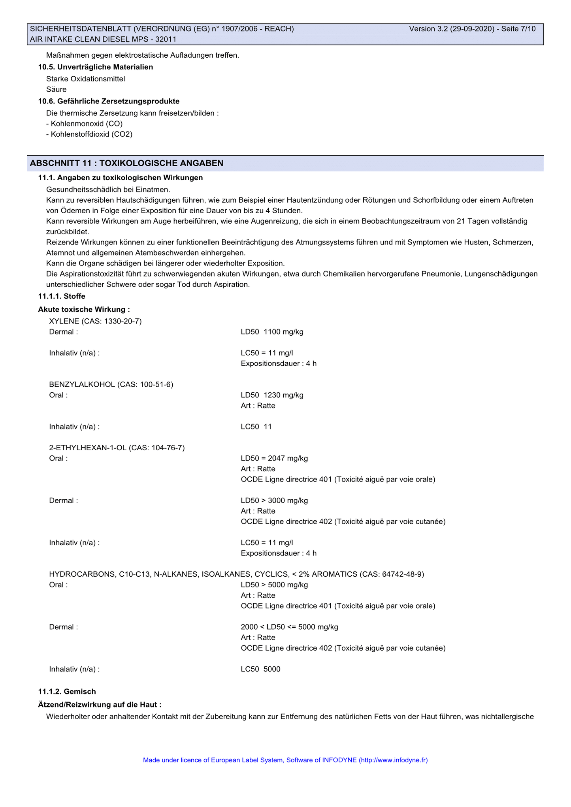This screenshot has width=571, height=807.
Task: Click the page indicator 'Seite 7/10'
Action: (518, 29)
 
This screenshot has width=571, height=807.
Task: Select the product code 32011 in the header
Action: (166, 39)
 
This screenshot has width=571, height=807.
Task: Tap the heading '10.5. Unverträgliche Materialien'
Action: (95, 67)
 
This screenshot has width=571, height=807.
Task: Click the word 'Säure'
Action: (56, 89)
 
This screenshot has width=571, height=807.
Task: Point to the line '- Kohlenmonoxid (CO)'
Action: (84, 124)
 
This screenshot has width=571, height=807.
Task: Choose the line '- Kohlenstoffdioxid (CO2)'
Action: (89, 134)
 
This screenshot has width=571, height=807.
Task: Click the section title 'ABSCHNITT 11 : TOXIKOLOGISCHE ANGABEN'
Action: (126, 163)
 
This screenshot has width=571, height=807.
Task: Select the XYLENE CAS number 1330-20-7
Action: (122, 321)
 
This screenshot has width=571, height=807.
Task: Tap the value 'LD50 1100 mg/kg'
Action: (272, 332)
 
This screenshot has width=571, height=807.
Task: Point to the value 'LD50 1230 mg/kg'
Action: (272, 395)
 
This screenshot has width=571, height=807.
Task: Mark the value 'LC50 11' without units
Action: (256, 427)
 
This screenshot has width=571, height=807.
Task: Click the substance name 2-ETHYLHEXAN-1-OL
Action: (88, 448)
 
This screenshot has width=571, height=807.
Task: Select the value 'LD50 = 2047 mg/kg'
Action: (274, 458)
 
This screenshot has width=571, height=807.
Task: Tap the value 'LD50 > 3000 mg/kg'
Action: (274, 500)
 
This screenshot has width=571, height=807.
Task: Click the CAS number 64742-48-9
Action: (402, 574)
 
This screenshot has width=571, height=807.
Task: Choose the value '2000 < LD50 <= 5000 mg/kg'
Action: (289, 627)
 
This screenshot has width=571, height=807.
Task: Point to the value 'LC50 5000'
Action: (260, 669)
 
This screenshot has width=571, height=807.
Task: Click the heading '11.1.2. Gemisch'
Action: (67, 691)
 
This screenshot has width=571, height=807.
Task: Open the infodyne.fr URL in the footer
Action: (393, 760)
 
